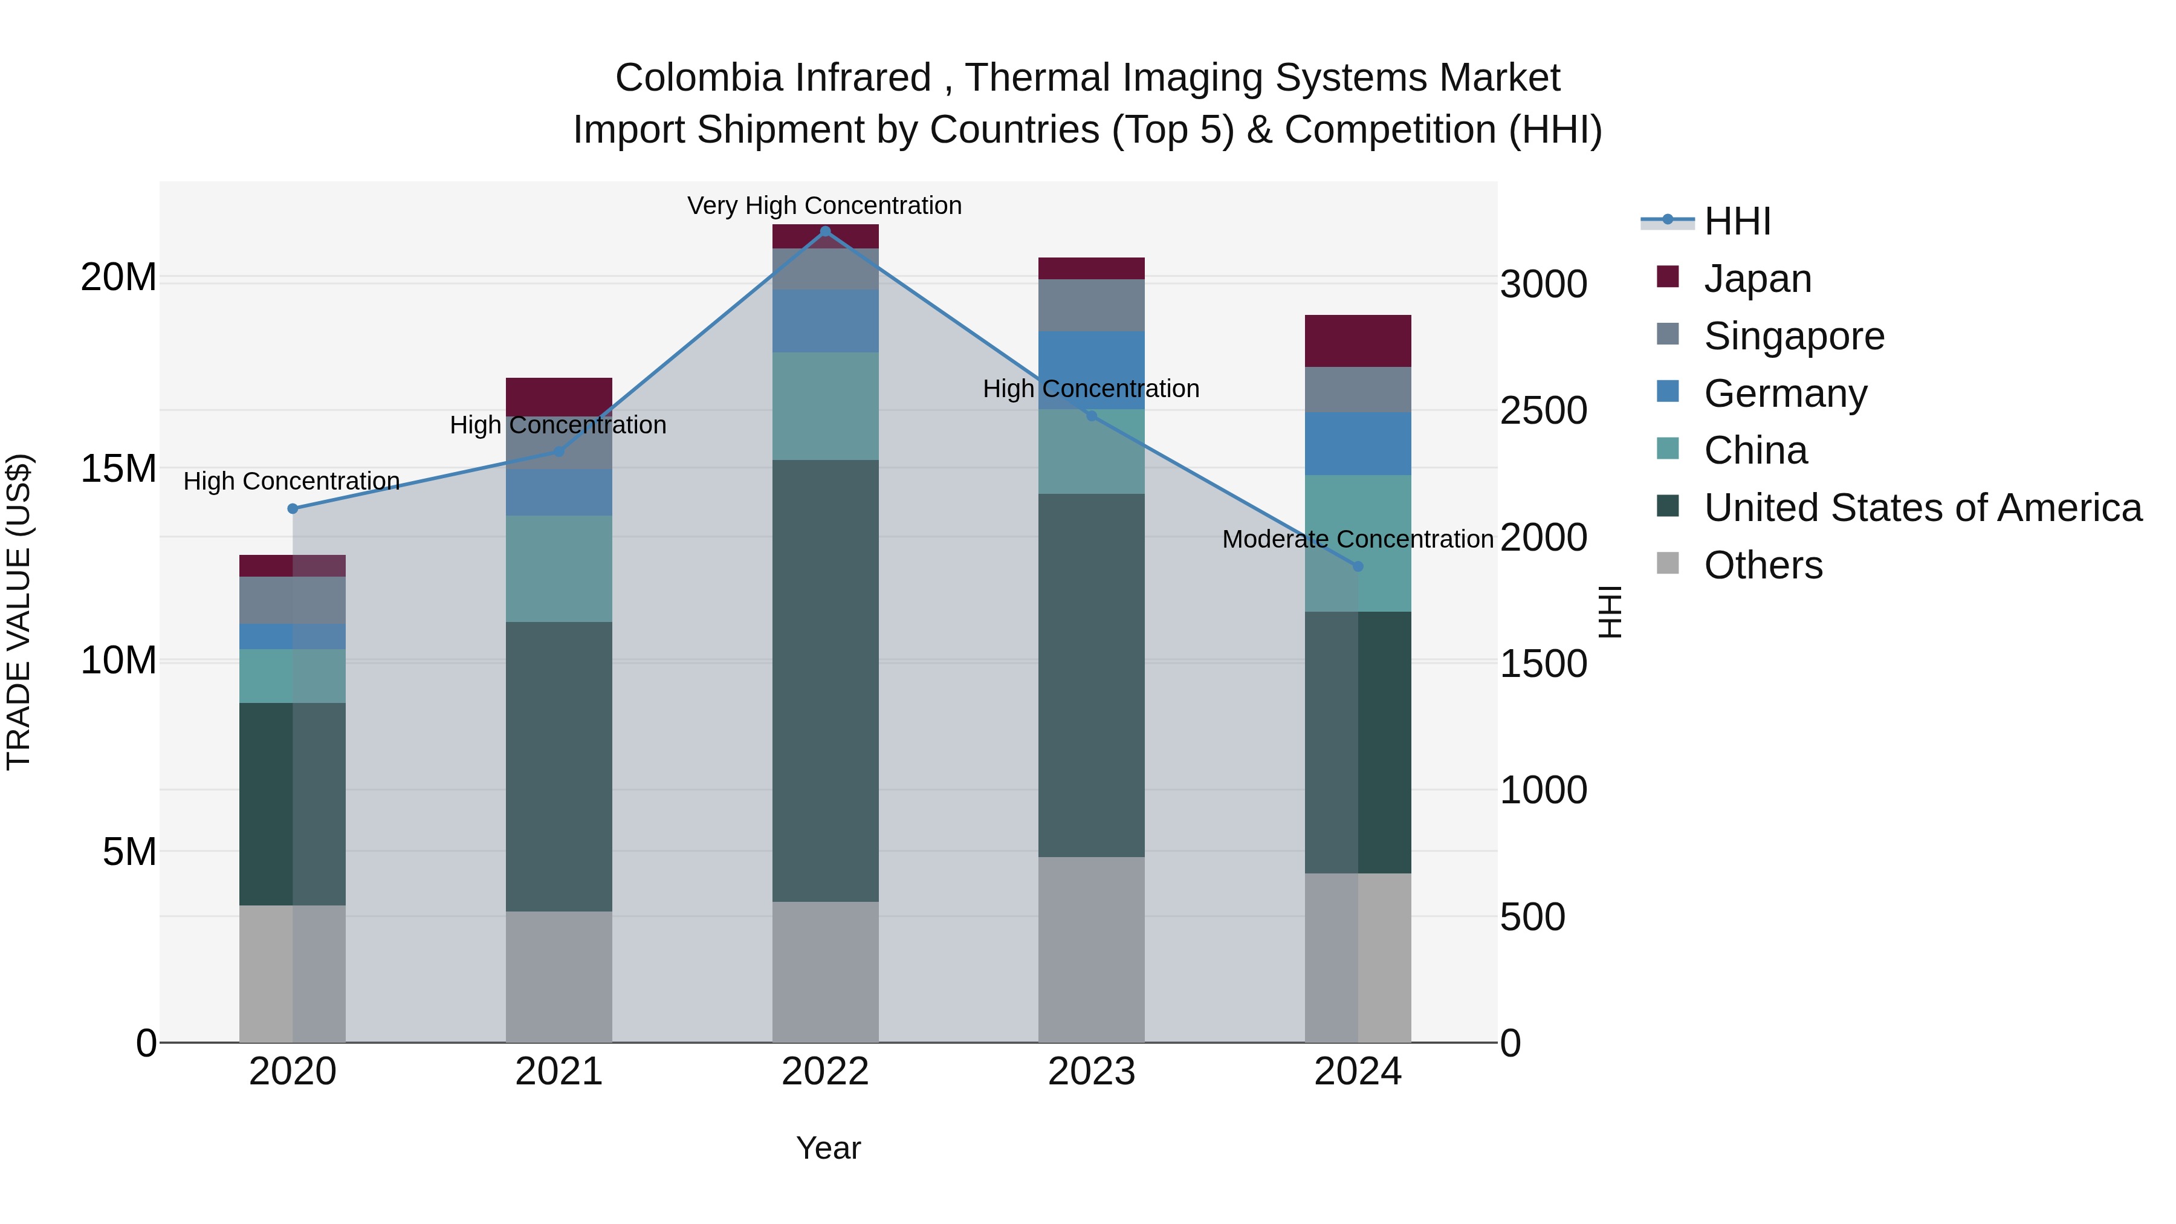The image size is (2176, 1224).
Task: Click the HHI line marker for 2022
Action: click(825, 231)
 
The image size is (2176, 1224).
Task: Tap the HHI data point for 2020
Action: click(293, 508)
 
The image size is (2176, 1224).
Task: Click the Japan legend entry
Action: click(1757, 279)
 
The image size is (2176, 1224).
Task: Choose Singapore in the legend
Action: click(1793, 336)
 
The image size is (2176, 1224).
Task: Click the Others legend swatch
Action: click(1668, 563)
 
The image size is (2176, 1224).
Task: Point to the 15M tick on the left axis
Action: click(118, 469)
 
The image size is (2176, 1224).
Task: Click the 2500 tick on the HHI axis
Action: click(1543, 412)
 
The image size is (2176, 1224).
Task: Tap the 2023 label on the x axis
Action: click(1092, 1072)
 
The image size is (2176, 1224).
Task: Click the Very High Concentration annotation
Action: click(824, 206)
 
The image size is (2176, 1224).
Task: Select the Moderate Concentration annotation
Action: click(1358, 539)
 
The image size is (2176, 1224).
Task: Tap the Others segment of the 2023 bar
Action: click(1092, 950)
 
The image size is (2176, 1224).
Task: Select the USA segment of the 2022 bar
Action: click(825, 680)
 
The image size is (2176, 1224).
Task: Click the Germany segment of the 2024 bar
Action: click(1358, 444)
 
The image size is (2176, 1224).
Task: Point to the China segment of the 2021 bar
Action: click(559, 569)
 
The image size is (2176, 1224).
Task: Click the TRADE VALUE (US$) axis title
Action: click(19, 612)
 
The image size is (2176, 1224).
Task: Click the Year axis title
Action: click(828, 1148)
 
